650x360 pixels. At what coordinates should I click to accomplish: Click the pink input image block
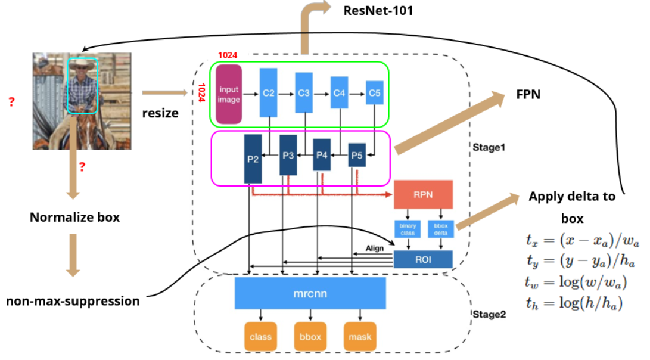tap(229, 94)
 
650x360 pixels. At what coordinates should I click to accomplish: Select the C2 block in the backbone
tap(269, 92)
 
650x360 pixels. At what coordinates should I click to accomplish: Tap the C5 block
tap(374, 92)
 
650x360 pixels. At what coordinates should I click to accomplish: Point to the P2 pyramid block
tap(253, 159)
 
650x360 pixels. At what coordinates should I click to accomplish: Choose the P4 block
tap(322, 155)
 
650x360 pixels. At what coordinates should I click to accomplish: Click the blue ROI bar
tap(424, 259)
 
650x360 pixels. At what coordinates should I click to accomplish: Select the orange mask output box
tap(360, 337)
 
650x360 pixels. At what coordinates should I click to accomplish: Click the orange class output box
tap(260, 337)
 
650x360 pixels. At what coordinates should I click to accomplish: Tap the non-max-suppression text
tap(73, 301)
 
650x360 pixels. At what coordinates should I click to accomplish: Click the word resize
tap(160, 112)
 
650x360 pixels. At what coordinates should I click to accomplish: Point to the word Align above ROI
tap(375, 248)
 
